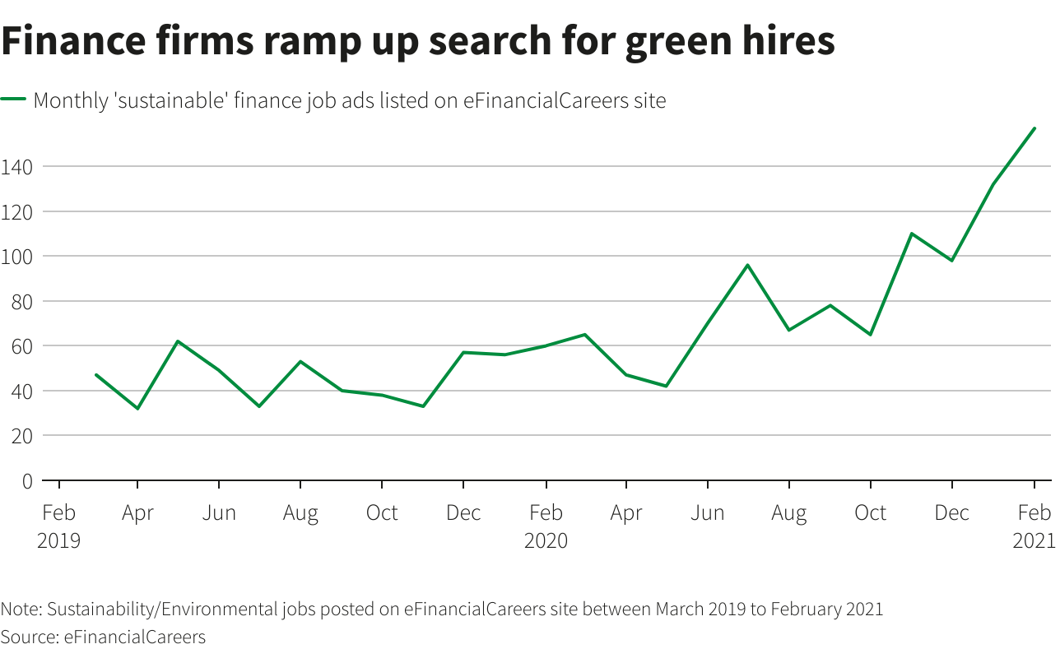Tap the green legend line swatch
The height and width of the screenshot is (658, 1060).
click(x=14, y=100)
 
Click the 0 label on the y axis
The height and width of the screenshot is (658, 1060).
click(x=27, y=480)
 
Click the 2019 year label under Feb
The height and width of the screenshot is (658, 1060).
click(x=58, y=540)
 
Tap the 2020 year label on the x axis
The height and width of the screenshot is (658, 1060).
click(x=546, y=540)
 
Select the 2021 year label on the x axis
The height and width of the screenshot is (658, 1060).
click(x=1034, y=540)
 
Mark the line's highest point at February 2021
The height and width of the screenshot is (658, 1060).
click(x=1034, y=128)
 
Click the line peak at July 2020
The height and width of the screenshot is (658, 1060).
click(x=747, y=265)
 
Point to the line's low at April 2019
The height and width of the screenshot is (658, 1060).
click(x=137, y=409)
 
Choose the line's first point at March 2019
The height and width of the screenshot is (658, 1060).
click(x=97, y=375)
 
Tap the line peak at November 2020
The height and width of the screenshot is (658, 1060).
click(x=911, y=234)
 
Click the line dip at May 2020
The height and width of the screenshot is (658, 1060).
click(x=666, y=387)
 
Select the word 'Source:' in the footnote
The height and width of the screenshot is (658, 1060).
click(x=30, y=637)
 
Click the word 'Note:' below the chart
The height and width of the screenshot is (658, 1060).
click(x=21, y=609)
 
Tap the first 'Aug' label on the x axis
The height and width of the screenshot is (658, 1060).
click(x=300, y=513)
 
